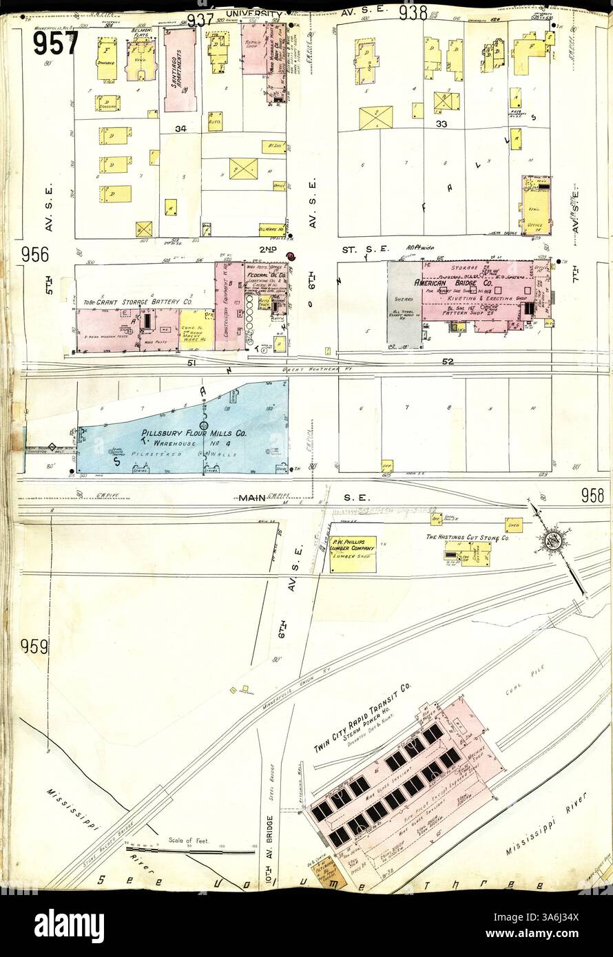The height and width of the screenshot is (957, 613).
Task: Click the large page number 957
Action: point(55,43)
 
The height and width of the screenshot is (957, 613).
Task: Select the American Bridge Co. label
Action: point(465,282)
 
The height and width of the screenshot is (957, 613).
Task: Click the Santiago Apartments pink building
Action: point(180,69)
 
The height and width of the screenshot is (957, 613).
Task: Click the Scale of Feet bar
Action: point(189,851)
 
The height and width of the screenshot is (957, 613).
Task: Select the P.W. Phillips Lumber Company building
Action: point(352,554)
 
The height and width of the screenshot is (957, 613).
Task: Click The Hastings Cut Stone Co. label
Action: point(466,536)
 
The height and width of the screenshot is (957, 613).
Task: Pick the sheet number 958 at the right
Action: point(591,494)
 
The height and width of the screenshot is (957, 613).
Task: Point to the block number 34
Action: point(180,128)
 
